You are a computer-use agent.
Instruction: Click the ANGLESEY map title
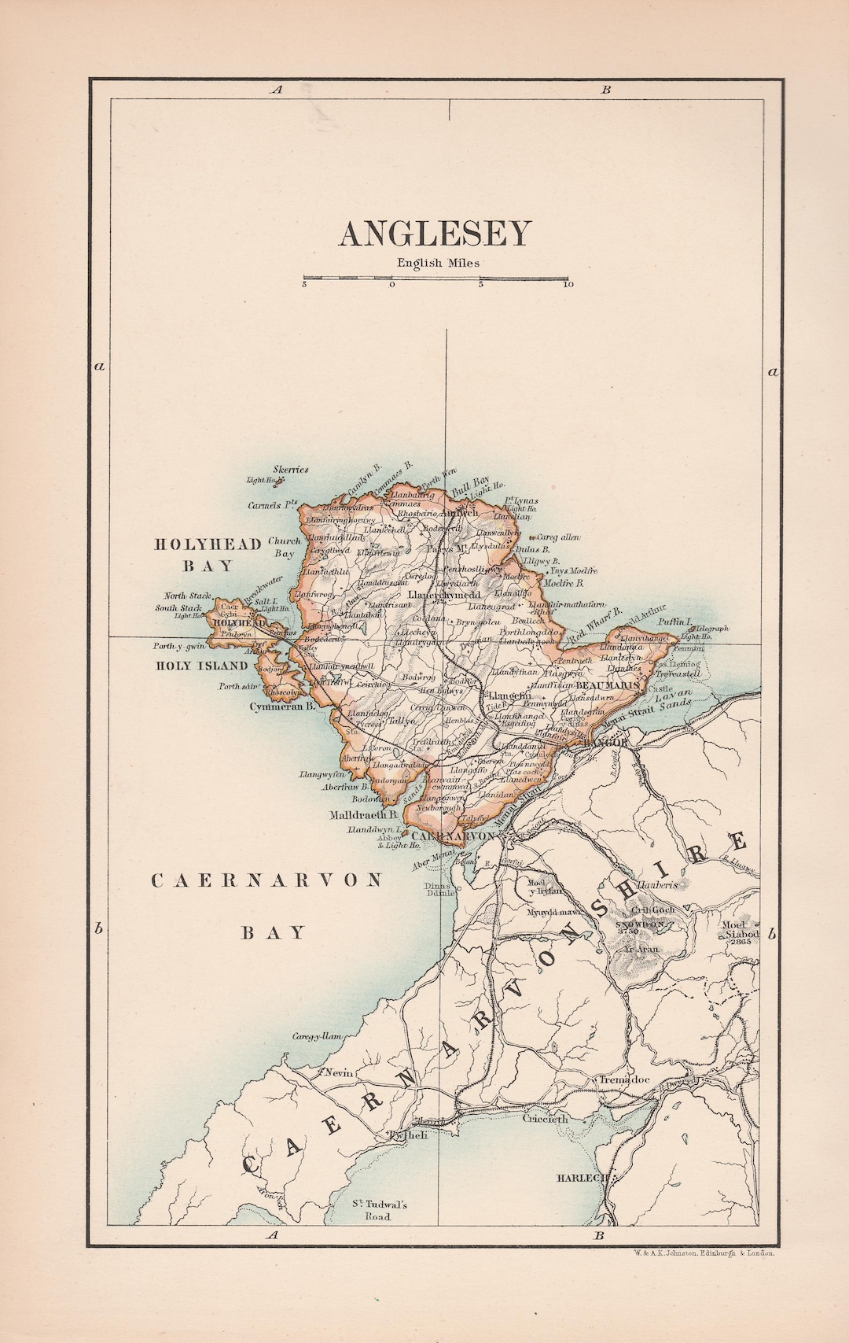435,234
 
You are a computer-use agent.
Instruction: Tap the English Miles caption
438,264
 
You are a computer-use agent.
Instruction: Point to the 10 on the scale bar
568,285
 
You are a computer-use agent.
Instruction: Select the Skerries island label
290,470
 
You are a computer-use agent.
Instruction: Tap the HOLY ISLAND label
201,666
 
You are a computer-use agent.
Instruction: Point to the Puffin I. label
676,622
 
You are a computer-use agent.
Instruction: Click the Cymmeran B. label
282,707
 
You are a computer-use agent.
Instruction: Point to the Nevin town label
337,1073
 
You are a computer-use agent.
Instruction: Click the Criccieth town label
546,1118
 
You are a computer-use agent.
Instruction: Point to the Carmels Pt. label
273,505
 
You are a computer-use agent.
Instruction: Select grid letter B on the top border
606,90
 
